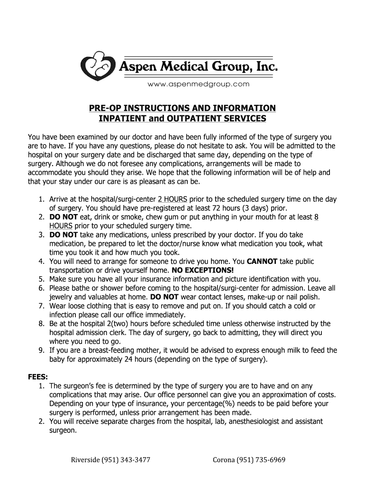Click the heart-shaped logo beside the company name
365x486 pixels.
coord(98,66)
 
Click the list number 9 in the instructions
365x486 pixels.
coord(42,351)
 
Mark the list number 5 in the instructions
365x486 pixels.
coord(42,279)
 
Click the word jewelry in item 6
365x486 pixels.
coord(62,297)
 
